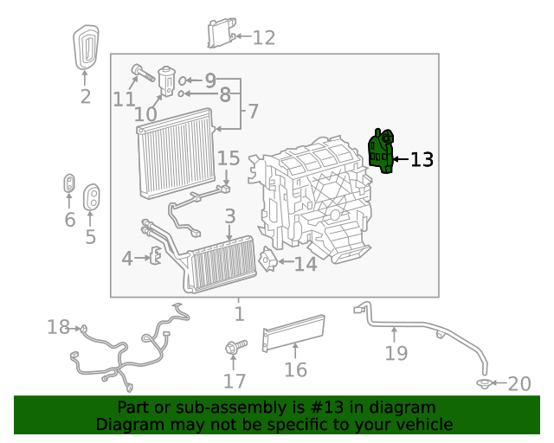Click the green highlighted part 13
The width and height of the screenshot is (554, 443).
click(x=381, y=151)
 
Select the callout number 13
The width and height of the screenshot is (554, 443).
click(x=421, y=159)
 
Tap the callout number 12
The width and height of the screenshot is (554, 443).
click(x=263, y=37)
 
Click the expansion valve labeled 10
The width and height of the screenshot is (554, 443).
click(x=165, y=81)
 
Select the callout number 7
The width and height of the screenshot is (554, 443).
click(x=252, y=112)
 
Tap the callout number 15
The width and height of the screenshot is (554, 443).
click(x=229, y=158)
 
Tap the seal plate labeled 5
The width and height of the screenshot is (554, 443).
click(x=91, y=197)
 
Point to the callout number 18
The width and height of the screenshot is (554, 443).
click(x=58, y=327)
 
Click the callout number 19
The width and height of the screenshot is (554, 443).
click(x=396, y=353)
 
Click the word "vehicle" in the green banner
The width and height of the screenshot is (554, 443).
click(x=424, y=425)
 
